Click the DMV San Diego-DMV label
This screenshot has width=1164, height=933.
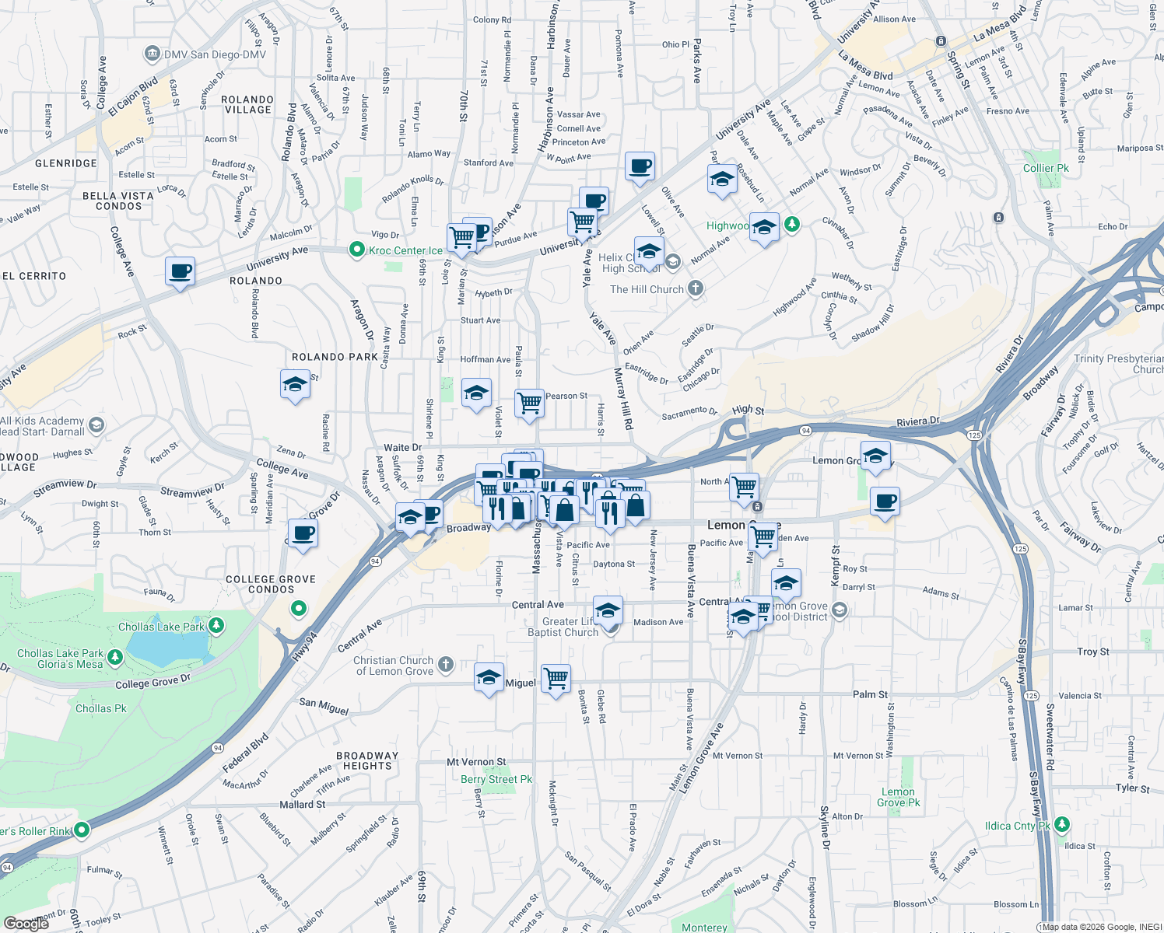214,55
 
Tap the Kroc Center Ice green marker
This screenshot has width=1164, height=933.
357,250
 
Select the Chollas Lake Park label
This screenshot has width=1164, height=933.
161,627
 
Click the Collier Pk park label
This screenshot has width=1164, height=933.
1046,168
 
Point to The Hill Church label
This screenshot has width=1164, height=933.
647,289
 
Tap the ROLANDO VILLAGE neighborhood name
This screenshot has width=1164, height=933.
247,105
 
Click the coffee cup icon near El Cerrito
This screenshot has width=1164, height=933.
180,272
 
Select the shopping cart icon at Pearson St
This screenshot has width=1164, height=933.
529,403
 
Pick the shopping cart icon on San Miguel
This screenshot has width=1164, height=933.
556,678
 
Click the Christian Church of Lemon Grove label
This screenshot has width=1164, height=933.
394,666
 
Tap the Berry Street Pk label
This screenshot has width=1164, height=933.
496,779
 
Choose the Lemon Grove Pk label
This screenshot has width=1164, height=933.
899,797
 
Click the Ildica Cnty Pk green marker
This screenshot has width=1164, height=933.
1062,825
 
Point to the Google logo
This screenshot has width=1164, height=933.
26,924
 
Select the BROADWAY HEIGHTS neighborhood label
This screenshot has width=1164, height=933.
367,760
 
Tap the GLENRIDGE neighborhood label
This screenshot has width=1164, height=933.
66,163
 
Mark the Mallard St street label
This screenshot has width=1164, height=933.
303,805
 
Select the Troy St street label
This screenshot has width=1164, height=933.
1093,652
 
